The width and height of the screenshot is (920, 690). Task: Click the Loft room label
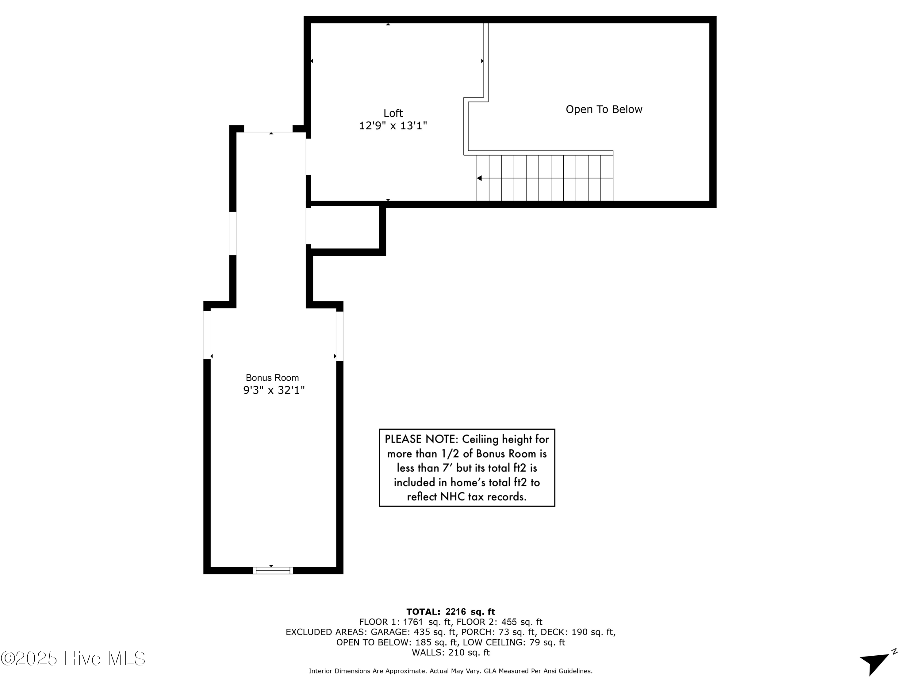pos(393,113)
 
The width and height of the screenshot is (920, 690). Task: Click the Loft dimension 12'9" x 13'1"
pos(393,126)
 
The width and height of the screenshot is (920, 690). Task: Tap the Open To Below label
pos(604,109)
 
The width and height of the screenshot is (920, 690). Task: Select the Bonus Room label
pos(272,378)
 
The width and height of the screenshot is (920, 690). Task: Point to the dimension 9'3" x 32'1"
pos(274,390)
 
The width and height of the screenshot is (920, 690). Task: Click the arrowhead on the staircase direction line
pos(479,178)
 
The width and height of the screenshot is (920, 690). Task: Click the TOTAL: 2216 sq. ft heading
pos(450,611)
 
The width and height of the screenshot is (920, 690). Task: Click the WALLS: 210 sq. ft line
pos(450,652)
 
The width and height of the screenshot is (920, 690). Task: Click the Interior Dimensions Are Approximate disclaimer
pos(450,671)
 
